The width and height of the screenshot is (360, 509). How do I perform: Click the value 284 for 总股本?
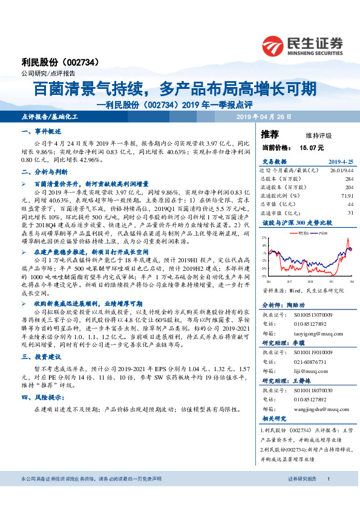(x=349, y=179)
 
